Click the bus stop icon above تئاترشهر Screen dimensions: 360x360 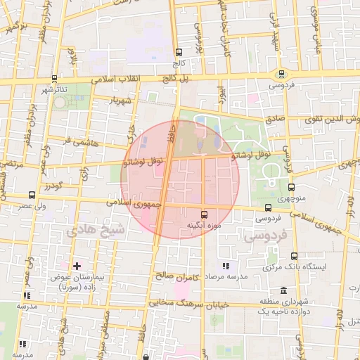55,79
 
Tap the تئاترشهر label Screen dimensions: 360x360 55,90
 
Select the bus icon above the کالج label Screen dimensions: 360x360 179,52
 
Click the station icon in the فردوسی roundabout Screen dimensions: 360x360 281,75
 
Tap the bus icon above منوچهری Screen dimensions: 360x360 291,188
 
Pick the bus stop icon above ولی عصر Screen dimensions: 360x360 32,195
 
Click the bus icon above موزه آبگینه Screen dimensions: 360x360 204,214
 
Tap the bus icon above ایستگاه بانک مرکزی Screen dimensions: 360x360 294,257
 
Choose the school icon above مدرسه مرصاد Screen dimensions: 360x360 225,266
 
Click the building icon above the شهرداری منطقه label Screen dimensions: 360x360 283,291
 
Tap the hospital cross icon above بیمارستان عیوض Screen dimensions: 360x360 77,266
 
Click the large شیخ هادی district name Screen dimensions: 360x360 94,230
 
